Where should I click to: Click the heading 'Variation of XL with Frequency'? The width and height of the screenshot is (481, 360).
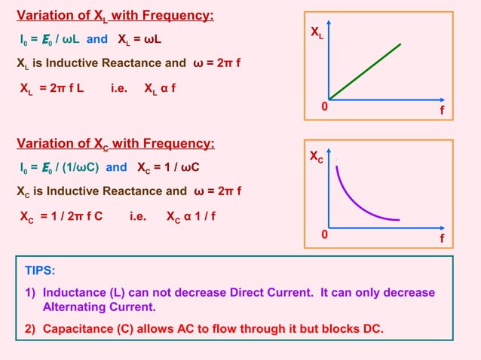[115, 16]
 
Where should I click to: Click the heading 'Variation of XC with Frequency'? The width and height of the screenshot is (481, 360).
[115, 144]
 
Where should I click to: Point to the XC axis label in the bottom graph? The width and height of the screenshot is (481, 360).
[319, 158]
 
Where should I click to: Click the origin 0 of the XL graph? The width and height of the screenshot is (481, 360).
[324, 108]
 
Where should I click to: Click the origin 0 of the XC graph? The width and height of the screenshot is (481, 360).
[324, 235]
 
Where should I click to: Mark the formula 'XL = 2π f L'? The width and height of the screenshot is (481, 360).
[51, 89]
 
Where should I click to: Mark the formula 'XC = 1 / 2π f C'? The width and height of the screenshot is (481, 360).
[61, 215]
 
